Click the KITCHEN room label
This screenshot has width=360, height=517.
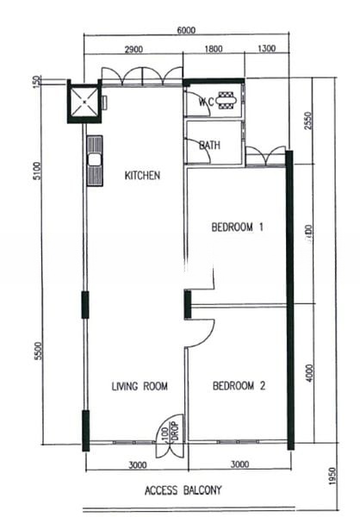click(142, 176)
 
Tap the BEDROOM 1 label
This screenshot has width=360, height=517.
click(237, 227)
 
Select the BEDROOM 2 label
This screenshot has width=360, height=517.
click(239, 387)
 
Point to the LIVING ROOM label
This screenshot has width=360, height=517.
click(140, 386)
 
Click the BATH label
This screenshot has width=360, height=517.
click(209, 145)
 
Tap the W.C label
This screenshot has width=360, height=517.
click(207, 102)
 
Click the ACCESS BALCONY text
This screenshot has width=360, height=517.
click(183, 490)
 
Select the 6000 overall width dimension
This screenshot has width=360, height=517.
click(186, 29)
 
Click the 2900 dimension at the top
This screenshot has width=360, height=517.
click(133, 49)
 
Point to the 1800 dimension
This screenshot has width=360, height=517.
click(214, 49)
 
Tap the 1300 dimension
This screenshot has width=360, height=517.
click(266, 49)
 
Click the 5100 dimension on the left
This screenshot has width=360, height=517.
click(36, 171)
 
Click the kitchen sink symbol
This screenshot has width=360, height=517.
click(94, 159)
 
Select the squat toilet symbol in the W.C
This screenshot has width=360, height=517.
click(227, 101)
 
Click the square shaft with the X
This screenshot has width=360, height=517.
click(84, 102)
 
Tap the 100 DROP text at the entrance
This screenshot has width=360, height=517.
click(169, 428)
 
